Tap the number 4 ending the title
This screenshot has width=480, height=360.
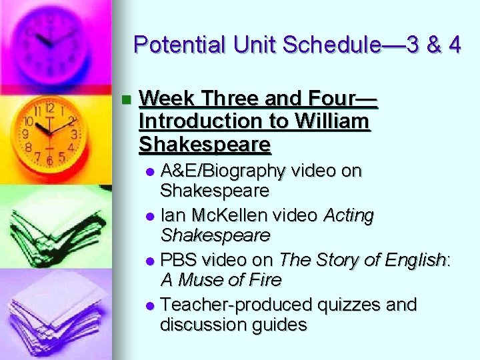click(x=454, y=45)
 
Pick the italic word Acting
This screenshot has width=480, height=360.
click(x=349, y=215)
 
